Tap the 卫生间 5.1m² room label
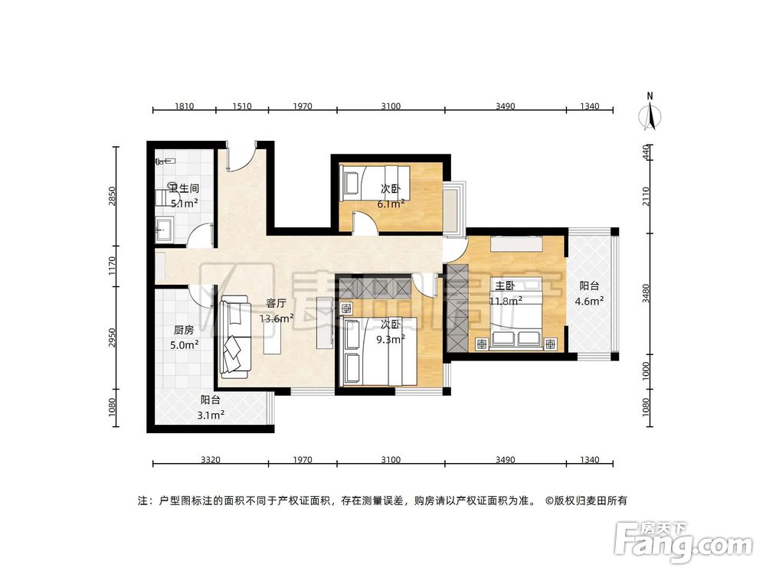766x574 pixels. [x=184, y=196]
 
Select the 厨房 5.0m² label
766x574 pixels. [x=185, y=338]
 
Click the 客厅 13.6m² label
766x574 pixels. [x=276, y=311]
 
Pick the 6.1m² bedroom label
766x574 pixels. [x=390, y=196]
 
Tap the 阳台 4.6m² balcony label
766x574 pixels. [x=589, y=294]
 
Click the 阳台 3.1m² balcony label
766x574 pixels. [x=211, y=407]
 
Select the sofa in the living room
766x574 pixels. [x=234, y=337]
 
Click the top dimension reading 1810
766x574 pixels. [x=184, y=106]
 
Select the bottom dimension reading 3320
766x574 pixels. [x=211, y=460]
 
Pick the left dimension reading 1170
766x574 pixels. [x=113, y=266]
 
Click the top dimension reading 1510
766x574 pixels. [x=242, y=106]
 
